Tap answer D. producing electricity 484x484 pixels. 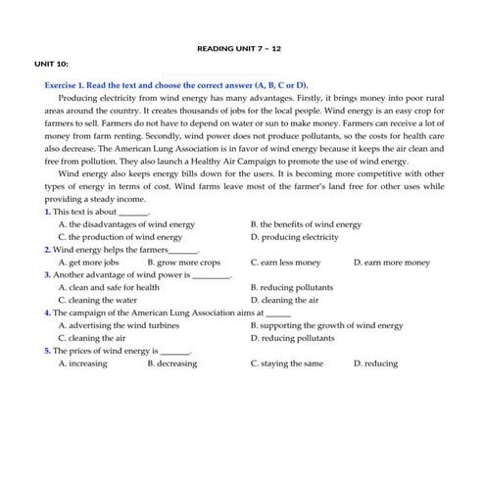point(294,237)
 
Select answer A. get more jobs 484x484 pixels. point(88,263)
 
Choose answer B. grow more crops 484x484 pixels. point(183,263)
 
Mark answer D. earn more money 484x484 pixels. point(391,263)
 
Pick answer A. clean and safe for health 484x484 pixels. point(108,288)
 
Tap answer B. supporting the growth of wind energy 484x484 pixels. point(326,325)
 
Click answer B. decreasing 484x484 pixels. point(171,363)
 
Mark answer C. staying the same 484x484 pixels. point(286,363)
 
